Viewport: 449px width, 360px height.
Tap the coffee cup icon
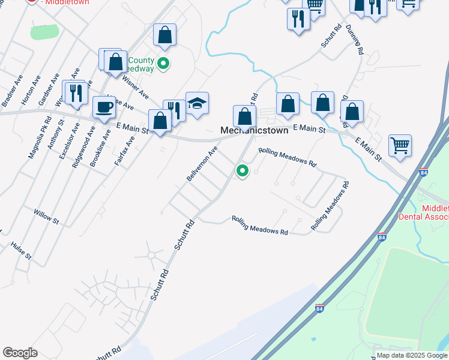click(x=104, y=107)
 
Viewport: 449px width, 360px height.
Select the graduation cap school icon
click(x=197, y=104)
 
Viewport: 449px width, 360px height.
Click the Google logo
click(x=20, y=353)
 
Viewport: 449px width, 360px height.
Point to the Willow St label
click(x=46, y=217)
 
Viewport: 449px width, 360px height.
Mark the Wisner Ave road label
click(x=135, y=86)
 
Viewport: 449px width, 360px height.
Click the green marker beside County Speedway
click(x=163, y=62)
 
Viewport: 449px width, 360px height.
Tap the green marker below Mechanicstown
click(x=243, y=171)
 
